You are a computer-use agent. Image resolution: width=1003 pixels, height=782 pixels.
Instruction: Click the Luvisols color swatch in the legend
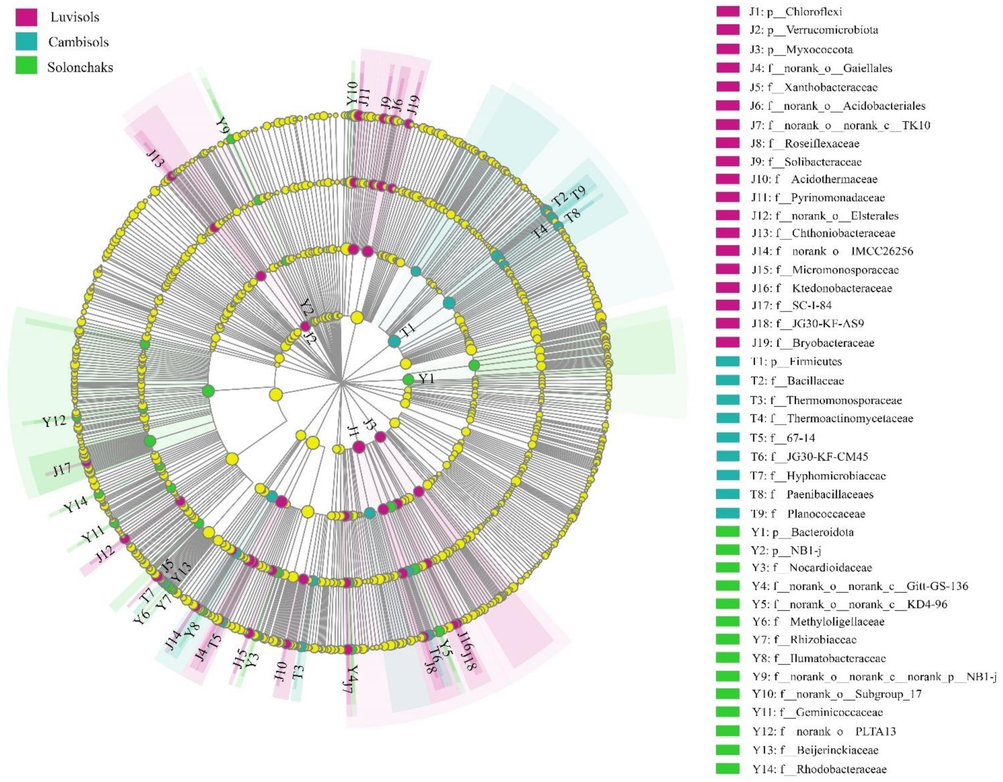[x=26, y=18]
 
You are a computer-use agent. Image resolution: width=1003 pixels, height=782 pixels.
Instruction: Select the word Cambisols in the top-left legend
[x=79, y=42]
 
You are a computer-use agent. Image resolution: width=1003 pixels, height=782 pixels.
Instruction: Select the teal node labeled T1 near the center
[x=394, y=341]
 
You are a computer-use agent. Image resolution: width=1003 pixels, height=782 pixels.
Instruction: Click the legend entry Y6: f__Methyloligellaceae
[x=818, y=622]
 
